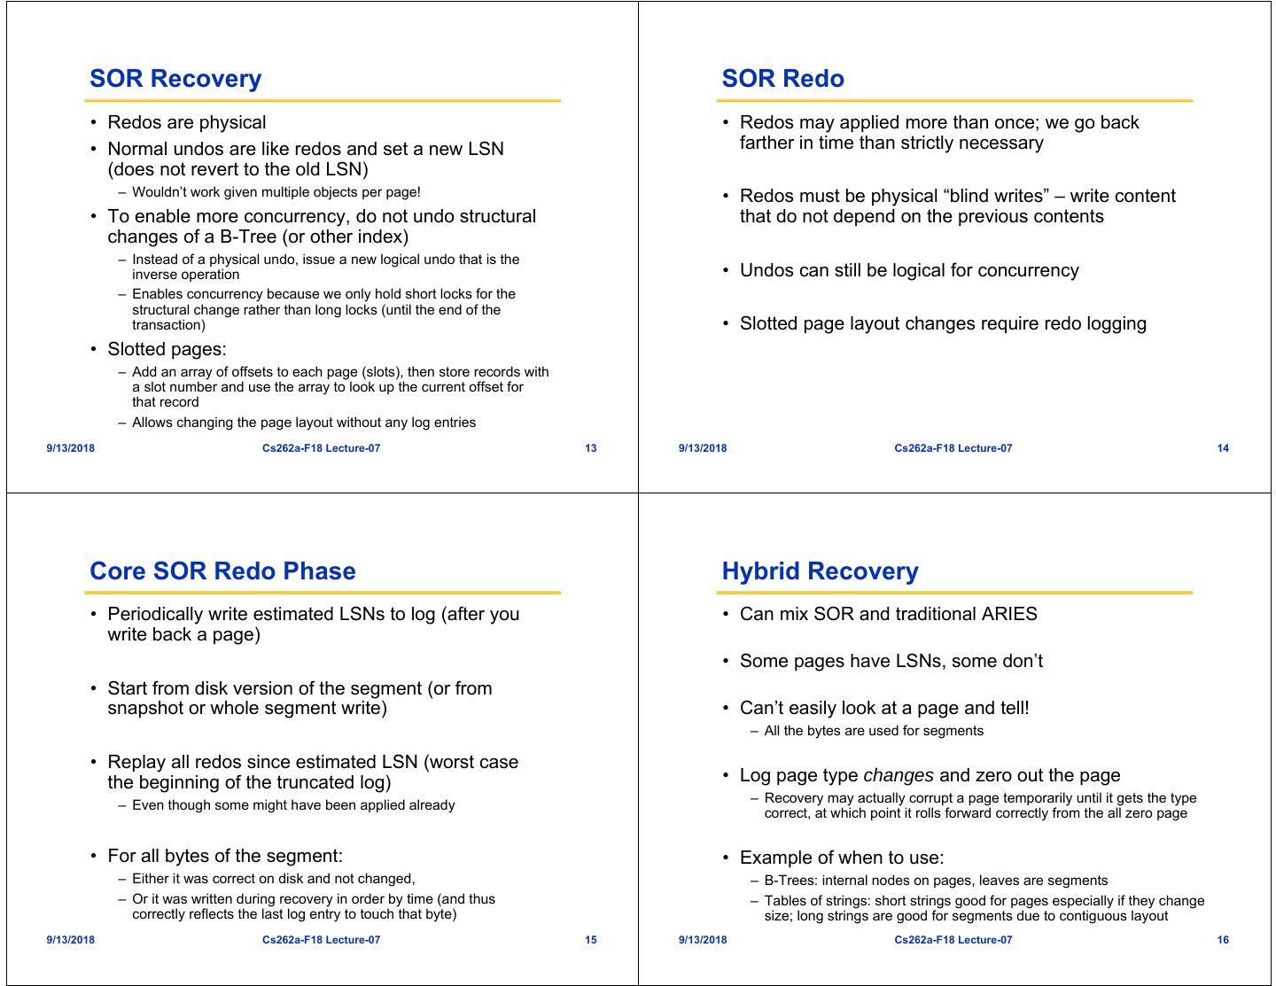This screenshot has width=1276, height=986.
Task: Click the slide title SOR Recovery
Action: click(x=175, y=79)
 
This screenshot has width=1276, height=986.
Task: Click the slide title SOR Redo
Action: click(x=782, y=79)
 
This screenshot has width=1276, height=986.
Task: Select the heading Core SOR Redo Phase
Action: click(x=222, y=571)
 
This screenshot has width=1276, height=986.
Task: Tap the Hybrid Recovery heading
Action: click(x=820, y=571)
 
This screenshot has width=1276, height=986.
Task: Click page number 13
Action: click(x=591, y=448)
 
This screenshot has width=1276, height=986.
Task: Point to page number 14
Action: click(x=1223, y=448)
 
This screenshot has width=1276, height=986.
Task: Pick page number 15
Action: click(x=591, y=940)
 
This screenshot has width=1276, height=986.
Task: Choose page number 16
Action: click(x=1223, y=940)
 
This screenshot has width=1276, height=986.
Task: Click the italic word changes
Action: click(x=898, y=776)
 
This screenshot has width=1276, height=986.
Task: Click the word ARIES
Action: click(x=1008, y=614)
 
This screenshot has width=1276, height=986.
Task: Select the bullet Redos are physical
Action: click(x=186, y=122)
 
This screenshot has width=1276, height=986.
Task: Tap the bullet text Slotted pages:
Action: click(x=167, y=349)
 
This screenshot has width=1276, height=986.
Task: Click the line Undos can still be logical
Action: click(x=908, y=270)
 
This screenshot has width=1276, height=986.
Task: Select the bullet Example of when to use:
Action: click(x=841, y=858)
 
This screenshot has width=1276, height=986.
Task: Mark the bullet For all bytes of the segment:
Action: click(x=224, y=856)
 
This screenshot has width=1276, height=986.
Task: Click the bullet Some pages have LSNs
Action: click(x=891, y=661)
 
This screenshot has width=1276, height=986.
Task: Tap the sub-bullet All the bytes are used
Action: click(x=873, y=731)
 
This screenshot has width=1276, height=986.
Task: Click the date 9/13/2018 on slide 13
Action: click(x=71, y=448)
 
